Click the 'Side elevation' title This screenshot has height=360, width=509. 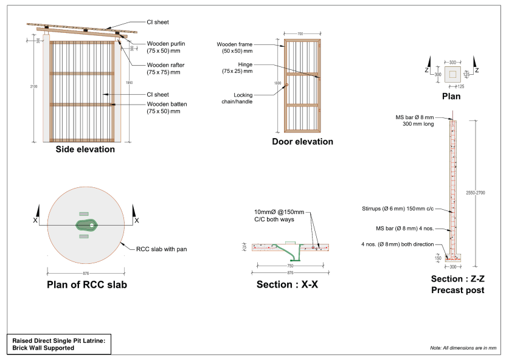[85, 149]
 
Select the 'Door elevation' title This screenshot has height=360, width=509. [302, 142]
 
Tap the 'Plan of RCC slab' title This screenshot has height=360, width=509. [87, 285]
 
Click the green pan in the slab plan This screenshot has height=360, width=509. [87, 224]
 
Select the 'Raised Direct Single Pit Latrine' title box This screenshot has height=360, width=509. [58, 345]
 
